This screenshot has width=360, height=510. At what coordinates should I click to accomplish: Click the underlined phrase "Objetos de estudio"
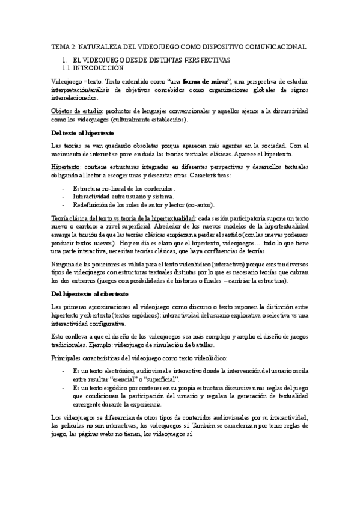point(76,111)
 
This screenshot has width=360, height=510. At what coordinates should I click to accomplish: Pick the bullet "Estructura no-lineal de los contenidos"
point(119,188)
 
